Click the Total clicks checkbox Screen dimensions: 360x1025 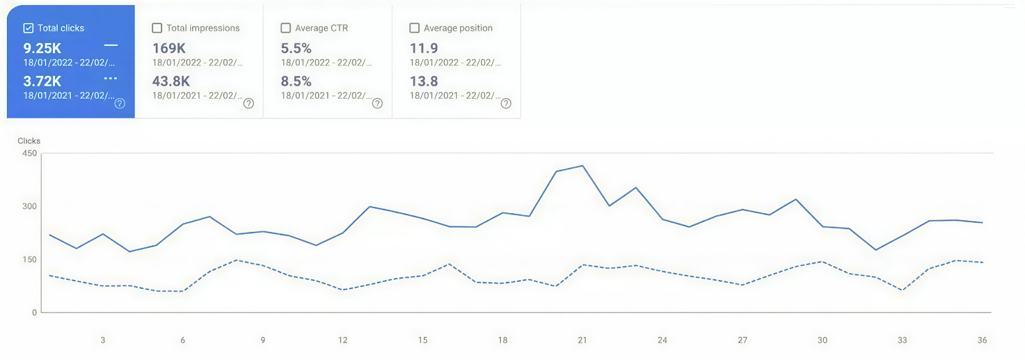click(28, 28)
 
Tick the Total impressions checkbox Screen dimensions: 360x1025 click(157, 28)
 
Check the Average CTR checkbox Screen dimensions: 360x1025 click(286, 28)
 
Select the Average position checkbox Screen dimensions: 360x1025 click(414, 28)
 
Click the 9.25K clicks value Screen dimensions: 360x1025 click(42, 48)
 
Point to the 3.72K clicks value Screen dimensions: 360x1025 click(42, 81)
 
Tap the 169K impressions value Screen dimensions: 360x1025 click(169, 48)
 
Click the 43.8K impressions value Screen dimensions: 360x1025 click(171, 81)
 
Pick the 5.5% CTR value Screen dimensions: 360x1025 click(296, 48)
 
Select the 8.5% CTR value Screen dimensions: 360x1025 click(296, 81)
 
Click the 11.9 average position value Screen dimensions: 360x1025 click(424, 48)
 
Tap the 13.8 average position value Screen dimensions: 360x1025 click(424, 81)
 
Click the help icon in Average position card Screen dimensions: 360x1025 click(506, 103)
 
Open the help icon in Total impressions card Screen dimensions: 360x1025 click(249, 103)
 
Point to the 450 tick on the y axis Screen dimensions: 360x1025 click(29, 154)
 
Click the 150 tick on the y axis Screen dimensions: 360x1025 click(29, 259)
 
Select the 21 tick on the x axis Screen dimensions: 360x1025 click(582, 340)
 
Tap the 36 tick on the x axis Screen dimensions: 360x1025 click(982, 340)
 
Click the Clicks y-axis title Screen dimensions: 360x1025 click(29, 141)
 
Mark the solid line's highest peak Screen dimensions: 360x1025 click(582, 166)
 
